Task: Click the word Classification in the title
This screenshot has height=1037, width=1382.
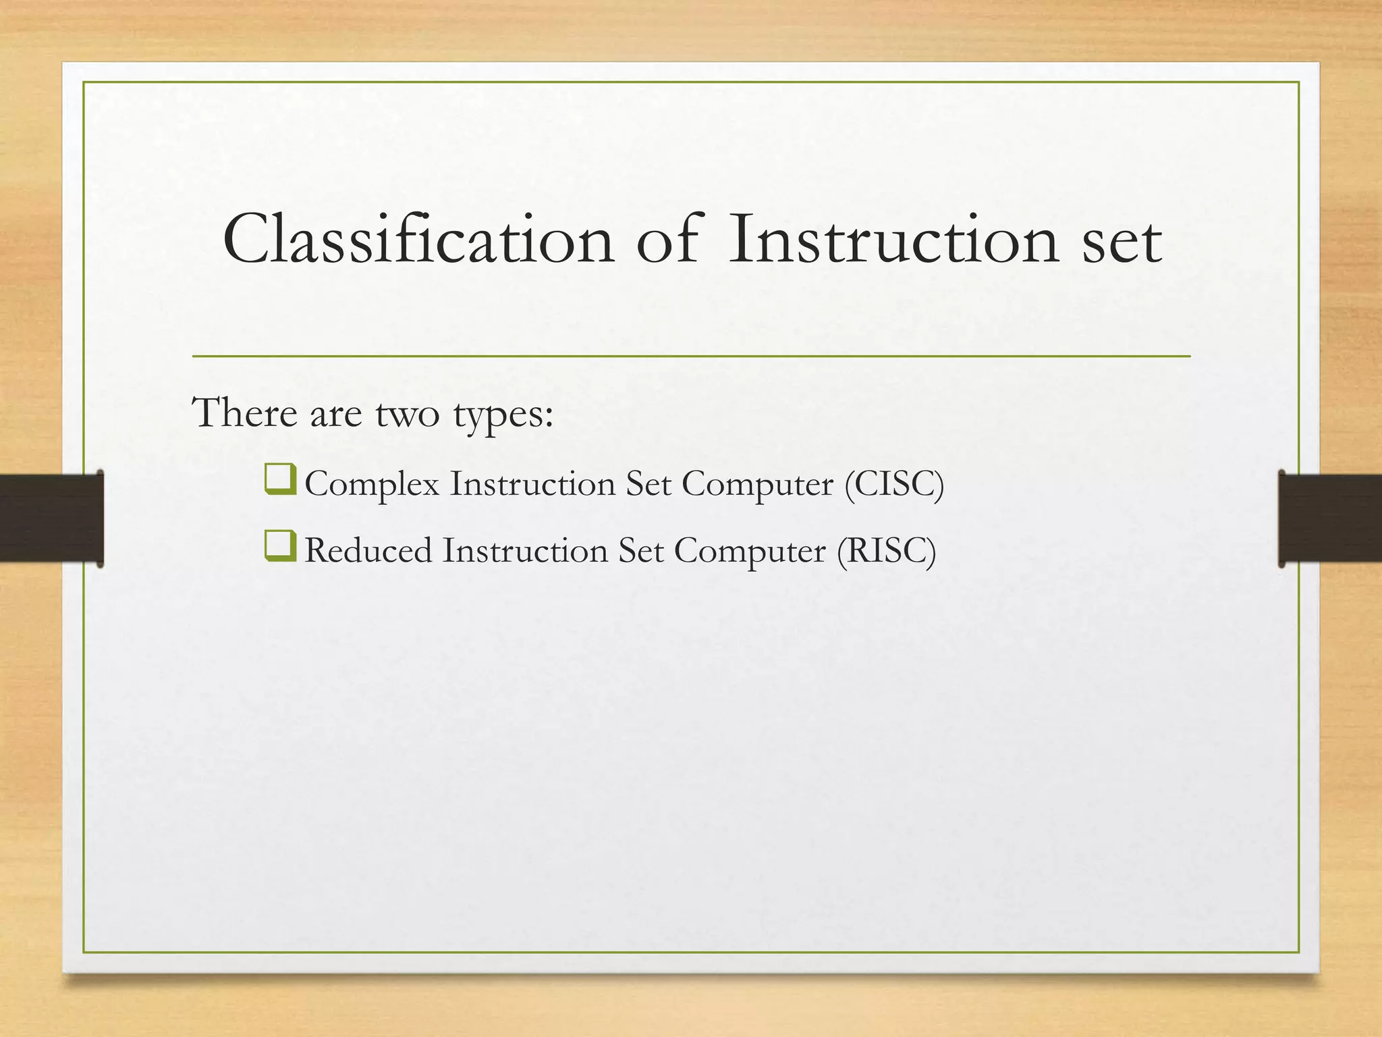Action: pos(418,239)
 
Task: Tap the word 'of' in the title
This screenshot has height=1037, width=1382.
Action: pos(667,239)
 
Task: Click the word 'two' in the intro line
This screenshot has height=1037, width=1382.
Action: pos(408,413)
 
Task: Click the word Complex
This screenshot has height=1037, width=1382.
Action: pos(372,485)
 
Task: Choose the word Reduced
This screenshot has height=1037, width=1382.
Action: pos(368,550)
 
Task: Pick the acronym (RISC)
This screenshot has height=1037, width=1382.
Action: pos(886,550)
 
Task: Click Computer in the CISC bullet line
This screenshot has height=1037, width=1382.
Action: pos(757,485)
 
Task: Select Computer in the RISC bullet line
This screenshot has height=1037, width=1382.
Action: pos(750,551)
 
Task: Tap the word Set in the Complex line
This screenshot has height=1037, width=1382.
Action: pos(648,484)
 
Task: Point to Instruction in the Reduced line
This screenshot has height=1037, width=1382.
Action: pos(524,550)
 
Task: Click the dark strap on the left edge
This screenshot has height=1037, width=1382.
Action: pos(51,518)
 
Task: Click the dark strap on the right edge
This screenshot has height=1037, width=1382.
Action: pos(1330,518)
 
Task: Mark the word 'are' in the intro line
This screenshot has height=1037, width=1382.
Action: pos(335,414)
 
